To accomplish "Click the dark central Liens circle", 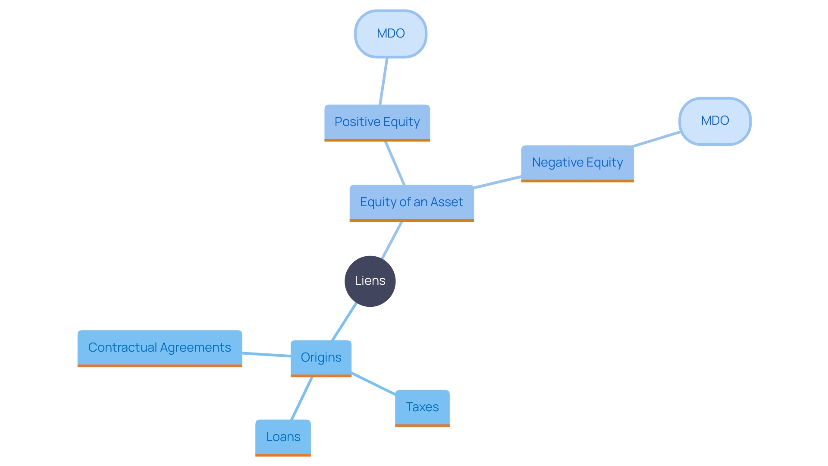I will pyautogui.click(x=370, y=281).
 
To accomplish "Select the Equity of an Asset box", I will pyautogui.click(x=411, y=202).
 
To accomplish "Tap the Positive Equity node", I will pyautogui.click(x=377, y=122).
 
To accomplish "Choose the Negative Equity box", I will pyautogui.click(x=577, y=163).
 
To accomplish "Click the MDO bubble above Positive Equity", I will pyautogui.click(x=391, y=34).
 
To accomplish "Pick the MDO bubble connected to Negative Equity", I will pyautogui.click(x=715, y=121).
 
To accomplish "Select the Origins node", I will pyautogui.click(x=321, y=358).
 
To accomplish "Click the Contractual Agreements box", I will pyautogui.click(x=160, y=348).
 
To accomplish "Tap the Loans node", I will pyautogui.click(x=283, y=437).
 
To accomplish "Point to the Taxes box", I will pyautogui.click(x=422, y=407).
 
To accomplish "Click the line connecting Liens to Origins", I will pyautogui.click(x=344, y=321).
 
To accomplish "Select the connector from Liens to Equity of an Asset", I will pyautogui.click(x=392, y=240).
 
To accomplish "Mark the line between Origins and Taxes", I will pyautogui.click(x=373, y=383).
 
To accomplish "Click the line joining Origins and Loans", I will pyautogui.click(x=301, y=398).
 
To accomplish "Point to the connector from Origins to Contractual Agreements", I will pyautogui.click(x=266, y=354).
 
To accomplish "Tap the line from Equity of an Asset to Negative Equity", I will pyautogui.click(x=497, y=182).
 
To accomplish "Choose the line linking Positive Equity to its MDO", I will pyautogui.click(x=383, y=81).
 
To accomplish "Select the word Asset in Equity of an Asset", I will pyautogui.click(x=446, y=202).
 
